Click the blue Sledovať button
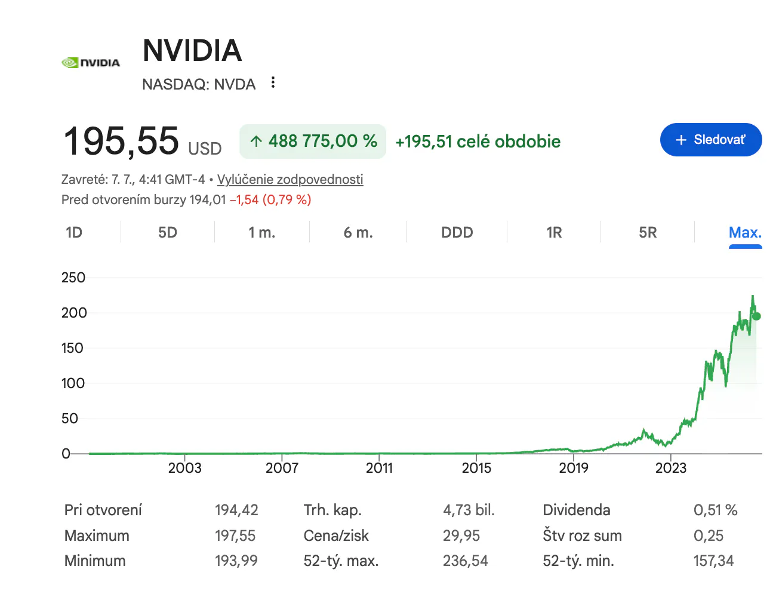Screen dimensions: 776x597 pyautogui.click(x=711, y=140)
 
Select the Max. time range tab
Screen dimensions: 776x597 pyautogui.click(x=745, y=232)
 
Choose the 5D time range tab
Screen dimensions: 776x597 pyautogui.click(x=168, y=232)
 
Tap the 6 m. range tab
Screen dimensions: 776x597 pyautogui.click(x=358, y=232)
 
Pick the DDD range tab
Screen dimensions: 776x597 pyautogui.click(x=457, y=232)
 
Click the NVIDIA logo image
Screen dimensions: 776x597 pyautogui.click(x=91, y=63)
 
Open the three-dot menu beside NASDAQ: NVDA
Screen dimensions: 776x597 pyautogui.click(x=273, y=82)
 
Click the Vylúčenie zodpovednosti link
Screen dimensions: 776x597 pyautogui.click(x=290, y=179)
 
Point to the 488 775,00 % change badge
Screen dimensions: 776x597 pyautogui.click(x=312, y=141)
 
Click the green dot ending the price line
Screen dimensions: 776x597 pyautogui.click(x=756, y=316)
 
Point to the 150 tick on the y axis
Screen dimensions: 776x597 pyautogui.click(x=72, y=348)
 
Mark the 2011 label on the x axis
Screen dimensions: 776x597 pyautogui.click(x=379, y=467)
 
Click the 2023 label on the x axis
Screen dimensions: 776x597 pyautogui.click(x=671, y=467)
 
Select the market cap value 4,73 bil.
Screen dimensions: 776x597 pyautogui.click(x=469, y=510)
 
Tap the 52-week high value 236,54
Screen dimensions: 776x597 pyautogui.click(x=466, y=561)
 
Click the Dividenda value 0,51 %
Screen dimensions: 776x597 pyautogui.click(x=715, y=510)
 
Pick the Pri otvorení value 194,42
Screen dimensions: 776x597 pyautogui.click(x=236, y=510)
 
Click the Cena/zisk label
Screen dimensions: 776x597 pyautogui.click(x=335, y=536)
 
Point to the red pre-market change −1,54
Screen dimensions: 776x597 pyautogui.click(x=244, y=199)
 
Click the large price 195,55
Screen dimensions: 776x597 pyautogui.click(x=121, y=141)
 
